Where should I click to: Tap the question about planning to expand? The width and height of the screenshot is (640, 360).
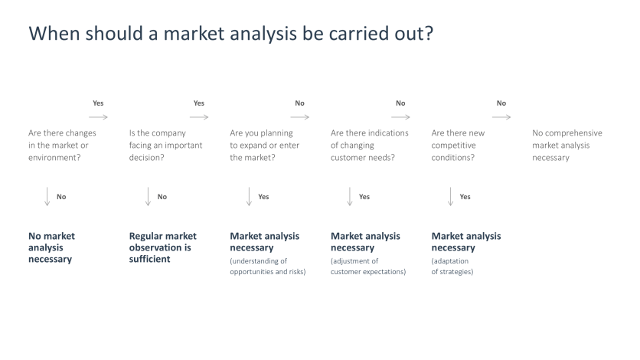click(x=265, y=145)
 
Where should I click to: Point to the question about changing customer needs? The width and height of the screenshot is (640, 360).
click(x=369, y=145)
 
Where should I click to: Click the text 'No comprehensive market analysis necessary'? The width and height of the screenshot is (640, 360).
click(x=567, y=145)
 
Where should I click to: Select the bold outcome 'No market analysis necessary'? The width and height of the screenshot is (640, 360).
click(x=52, y=247)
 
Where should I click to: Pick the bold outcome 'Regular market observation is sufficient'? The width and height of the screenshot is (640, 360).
click(x=162, y=247)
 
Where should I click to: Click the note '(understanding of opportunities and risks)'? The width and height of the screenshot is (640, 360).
click(x=267, y=267)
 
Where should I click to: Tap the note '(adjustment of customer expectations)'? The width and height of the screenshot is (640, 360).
click(x=367, y=267)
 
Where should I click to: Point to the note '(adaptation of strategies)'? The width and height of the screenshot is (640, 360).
click(x=452, y=267)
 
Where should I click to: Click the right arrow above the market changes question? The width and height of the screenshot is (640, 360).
click(x=98, y=117)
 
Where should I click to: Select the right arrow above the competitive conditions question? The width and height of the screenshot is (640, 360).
click(x=501, y=117)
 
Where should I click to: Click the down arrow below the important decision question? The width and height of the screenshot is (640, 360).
click(x=148, y=197)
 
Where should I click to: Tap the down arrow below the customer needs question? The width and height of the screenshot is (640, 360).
click(x=349, y=197)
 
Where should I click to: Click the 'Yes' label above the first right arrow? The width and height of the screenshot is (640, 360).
click(x=98, y=103)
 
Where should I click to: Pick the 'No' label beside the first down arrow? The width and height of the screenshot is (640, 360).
click(x=61, y=197)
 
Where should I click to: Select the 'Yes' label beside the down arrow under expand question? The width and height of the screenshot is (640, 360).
click(x=263, y=197)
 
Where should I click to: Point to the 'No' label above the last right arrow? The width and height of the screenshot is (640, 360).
click(x=501, y=103)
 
